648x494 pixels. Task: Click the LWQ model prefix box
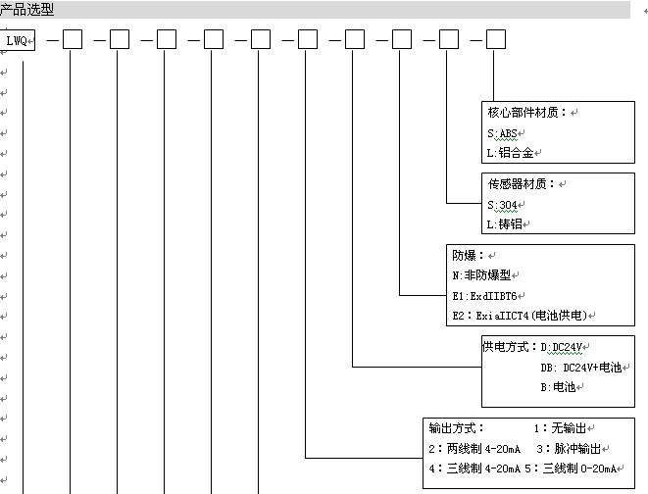(x=17, y=40)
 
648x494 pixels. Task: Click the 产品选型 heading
(x=26, y=9)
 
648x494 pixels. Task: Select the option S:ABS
(x=502, y=133)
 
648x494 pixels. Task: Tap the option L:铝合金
(x=510, y=153)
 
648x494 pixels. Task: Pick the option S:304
(x=502, y=205)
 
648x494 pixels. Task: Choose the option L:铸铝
(x=504, y=224)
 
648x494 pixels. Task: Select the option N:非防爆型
(x=481, y=275)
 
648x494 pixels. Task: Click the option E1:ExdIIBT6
(x=484, y=296)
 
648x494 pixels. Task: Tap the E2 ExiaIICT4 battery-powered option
(x=520, y=316)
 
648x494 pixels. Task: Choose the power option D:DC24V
(x=561, y=347)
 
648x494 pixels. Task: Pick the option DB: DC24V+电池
(x=581, y=368)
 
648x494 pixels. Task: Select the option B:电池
(x=558, y=387)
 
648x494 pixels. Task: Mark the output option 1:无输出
(x=560, y=428)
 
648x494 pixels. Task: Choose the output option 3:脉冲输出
(x=569, y=449)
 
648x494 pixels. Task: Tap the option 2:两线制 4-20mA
(x=474, y=449)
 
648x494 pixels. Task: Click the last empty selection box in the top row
(x=495, y=39)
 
